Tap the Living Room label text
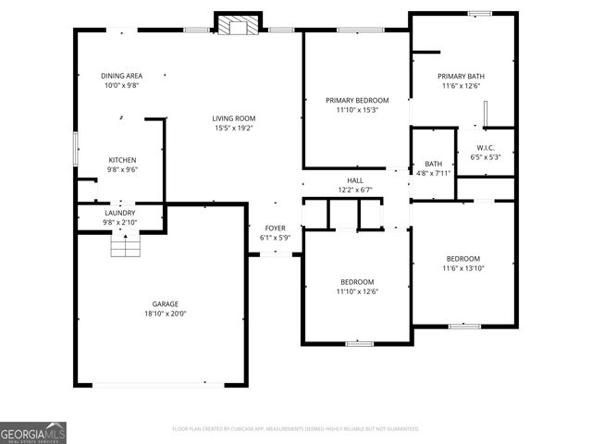click(233, 118)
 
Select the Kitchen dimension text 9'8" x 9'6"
click(123, 169)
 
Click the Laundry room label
click(119, 213)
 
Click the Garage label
click(166, 303)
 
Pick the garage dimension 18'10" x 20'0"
click(166, 314)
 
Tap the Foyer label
click(275, 228)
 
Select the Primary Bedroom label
click(357, 100)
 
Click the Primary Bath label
click(461, 76)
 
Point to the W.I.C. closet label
click(486, 147)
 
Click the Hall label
click(355, 180)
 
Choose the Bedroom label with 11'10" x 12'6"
click(357, 281)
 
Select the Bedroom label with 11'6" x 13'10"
click(462, 258)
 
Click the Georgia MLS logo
click(33, 433)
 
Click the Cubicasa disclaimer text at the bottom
click(296, 428)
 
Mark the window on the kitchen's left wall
click(76, 149)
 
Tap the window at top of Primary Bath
click(478, 13)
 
